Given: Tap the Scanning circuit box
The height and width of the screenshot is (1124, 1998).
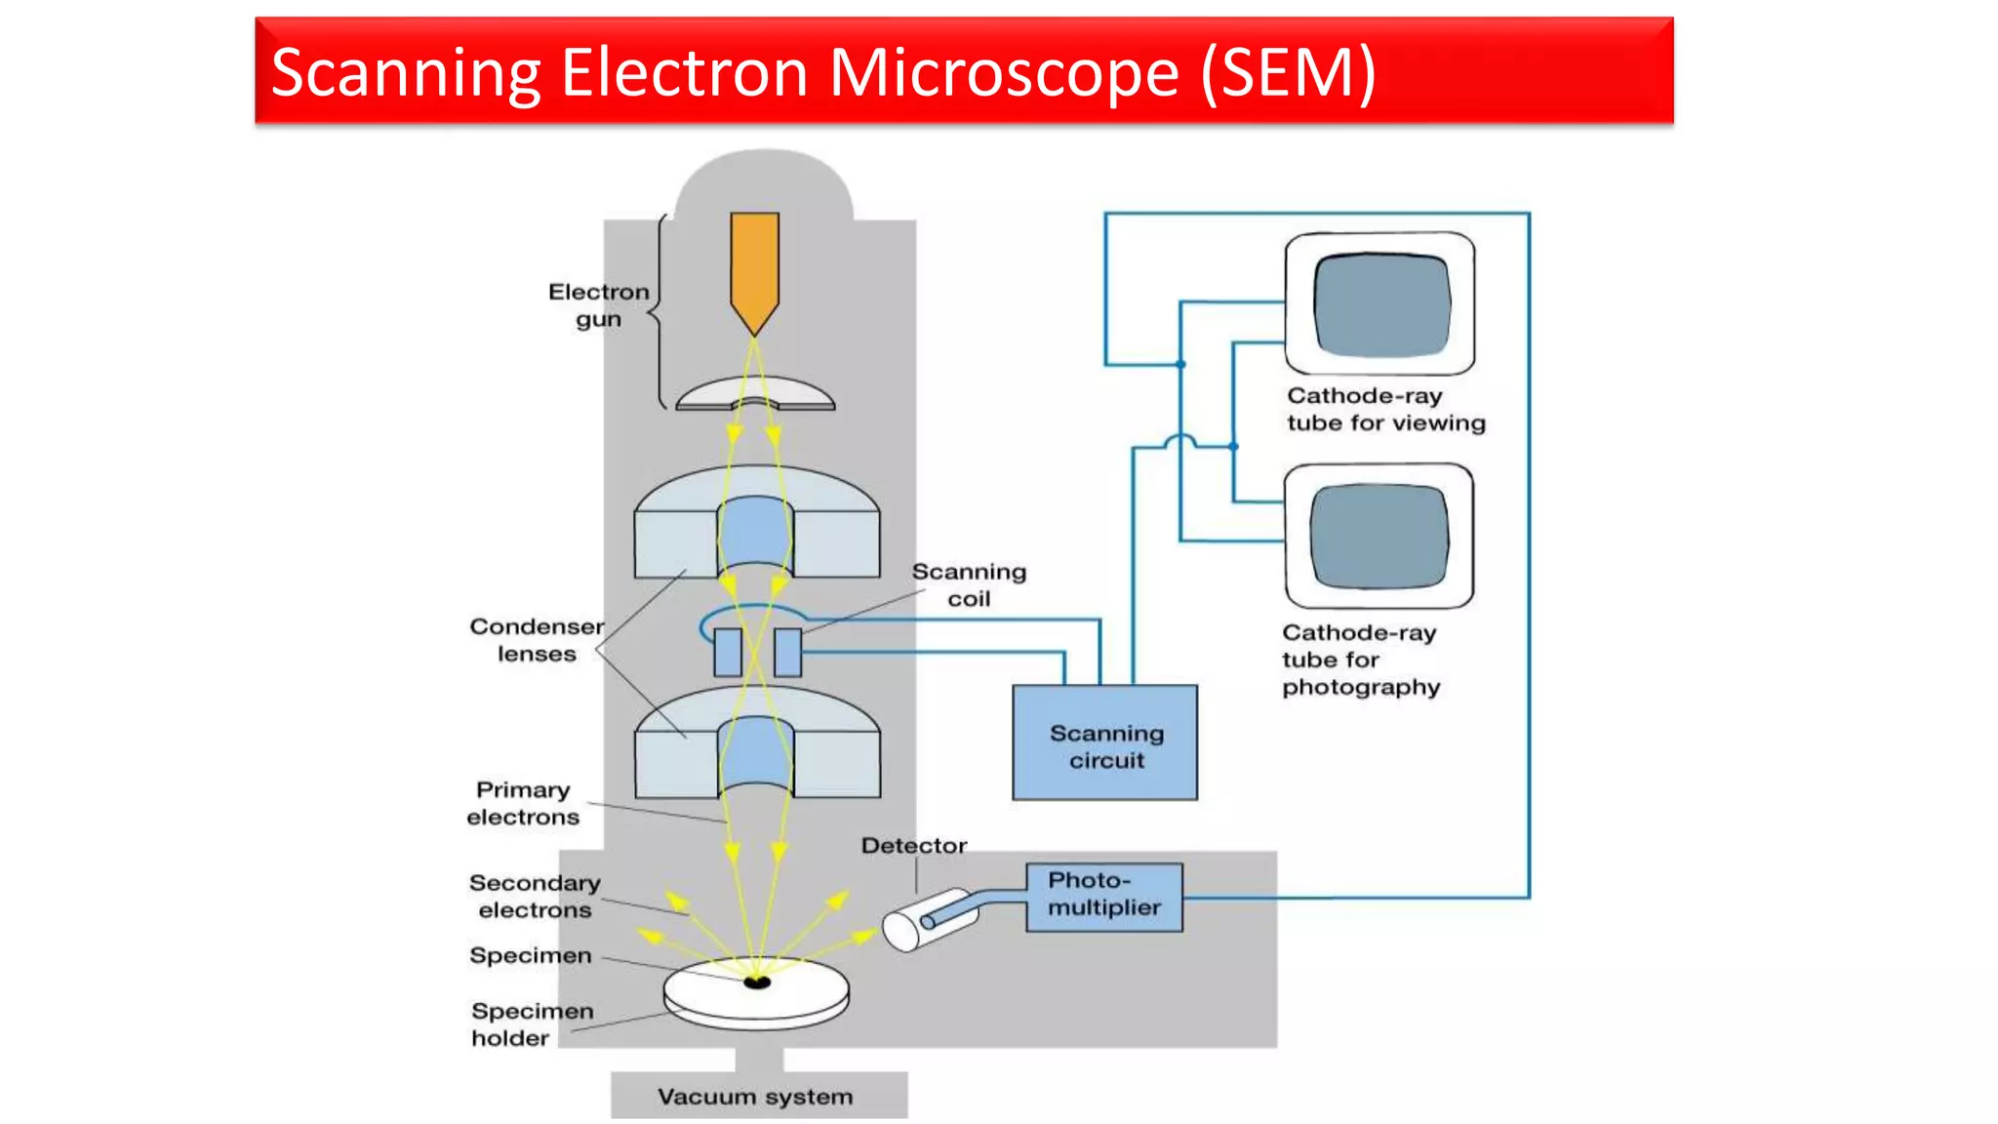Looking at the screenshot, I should click(1104, 743).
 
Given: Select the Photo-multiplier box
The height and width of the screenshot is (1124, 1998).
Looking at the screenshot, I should click(1103, 896).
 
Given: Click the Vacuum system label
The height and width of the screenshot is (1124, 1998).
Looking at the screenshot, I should click(755, 1097).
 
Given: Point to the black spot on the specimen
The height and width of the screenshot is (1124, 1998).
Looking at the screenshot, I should click(757, 983).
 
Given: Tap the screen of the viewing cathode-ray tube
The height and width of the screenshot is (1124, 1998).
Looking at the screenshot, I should click(1380, 303).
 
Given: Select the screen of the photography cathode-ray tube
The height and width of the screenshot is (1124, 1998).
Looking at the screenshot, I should click(1379, 536).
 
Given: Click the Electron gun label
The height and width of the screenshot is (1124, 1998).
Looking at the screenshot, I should click(598, 305).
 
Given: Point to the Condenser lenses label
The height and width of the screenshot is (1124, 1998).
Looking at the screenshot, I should click(537, 640).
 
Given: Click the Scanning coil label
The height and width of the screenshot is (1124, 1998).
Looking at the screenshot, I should click(969, 585).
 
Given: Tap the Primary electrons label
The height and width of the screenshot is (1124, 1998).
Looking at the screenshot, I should click(523, 803).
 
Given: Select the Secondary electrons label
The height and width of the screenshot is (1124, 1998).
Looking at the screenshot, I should click(535, 896).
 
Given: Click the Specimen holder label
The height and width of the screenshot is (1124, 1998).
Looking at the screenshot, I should click(531, 1024).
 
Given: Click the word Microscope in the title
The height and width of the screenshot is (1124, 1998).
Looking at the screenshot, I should click(1004, 72).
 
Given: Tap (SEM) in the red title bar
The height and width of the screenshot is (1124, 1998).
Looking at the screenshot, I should click(1288, 72).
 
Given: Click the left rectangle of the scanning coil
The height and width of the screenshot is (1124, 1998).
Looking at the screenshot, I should click(728, 652).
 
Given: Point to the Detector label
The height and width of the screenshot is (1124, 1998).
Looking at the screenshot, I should click(913, 846).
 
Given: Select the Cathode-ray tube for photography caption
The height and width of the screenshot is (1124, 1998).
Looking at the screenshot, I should click(1360, 660).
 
